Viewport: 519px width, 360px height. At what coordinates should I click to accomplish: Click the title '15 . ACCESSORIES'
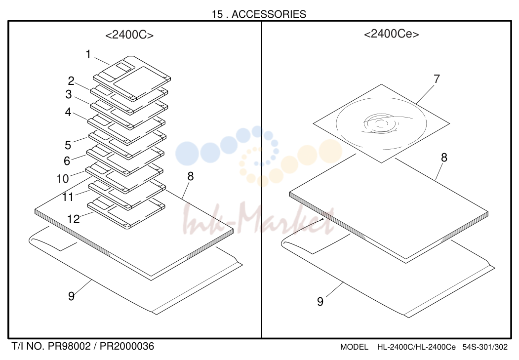(x=259, y=14)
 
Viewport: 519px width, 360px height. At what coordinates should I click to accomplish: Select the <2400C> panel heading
(x=129, y=35)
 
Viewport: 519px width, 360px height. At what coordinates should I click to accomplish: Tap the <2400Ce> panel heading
(x=391, y=34)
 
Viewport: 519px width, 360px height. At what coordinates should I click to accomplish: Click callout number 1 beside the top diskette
(x=88, y=54)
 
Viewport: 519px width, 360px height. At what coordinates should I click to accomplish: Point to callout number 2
(x=71, y=80)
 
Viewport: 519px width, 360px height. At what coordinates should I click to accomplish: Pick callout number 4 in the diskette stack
(x=68, y=112)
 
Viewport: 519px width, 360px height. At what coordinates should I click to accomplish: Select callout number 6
(x=67, y=161)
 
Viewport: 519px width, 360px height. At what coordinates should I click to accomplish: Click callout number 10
(x=63, y=179)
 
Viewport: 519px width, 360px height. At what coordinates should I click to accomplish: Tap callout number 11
(x=68, y=197)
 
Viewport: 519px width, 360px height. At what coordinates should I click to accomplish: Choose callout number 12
(x=74, y=219)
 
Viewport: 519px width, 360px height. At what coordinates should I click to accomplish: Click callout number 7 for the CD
(x=437, y=79)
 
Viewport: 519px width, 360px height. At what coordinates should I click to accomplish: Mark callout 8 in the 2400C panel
(x=190, y=176)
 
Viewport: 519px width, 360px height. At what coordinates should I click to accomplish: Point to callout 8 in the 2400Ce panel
(x=444, y=158)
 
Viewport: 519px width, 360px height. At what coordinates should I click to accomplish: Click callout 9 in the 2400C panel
(x=71, y=296)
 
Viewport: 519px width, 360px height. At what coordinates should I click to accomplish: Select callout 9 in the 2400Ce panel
(x=320, y=301)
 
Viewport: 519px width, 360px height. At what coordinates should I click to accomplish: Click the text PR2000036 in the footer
(x=127, y=347)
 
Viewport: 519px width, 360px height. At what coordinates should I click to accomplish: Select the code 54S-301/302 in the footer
(x=485, y=347)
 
